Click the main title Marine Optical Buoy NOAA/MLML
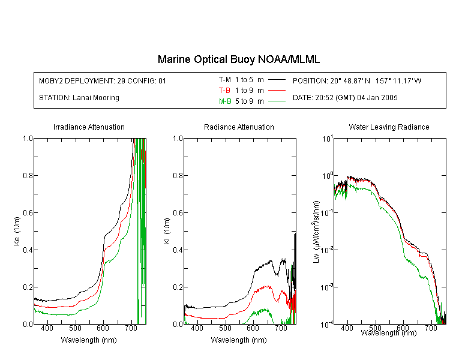(x=238, y=59)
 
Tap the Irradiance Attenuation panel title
(x=89, y=127)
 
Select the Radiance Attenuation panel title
(x=239, y=127)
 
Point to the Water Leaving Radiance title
(x=389, y=127)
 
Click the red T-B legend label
(x=224, y=91)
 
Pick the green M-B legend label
(x=225, y=101)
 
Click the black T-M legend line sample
(x=277, y=80)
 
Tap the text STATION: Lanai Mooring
(x=79, y=98)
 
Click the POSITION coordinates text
(x=357, y=80)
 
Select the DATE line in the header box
(x=345, y=98)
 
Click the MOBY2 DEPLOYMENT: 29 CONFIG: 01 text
(x=103, y=80)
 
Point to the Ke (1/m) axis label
(x=17, y=231)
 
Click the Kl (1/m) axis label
(x=167, y=231)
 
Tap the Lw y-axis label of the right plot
(x=316, y=232)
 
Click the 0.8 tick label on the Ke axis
(x=28, y=175)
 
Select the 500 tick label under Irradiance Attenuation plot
(x=75, y=328)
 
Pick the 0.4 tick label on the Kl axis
(x=178, y=250)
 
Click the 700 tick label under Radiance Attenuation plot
(x=281, y=328)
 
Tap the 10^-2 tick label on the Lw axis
(x=326, y=249)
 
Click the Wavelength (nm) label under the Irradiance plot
(x=89, y=340)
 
